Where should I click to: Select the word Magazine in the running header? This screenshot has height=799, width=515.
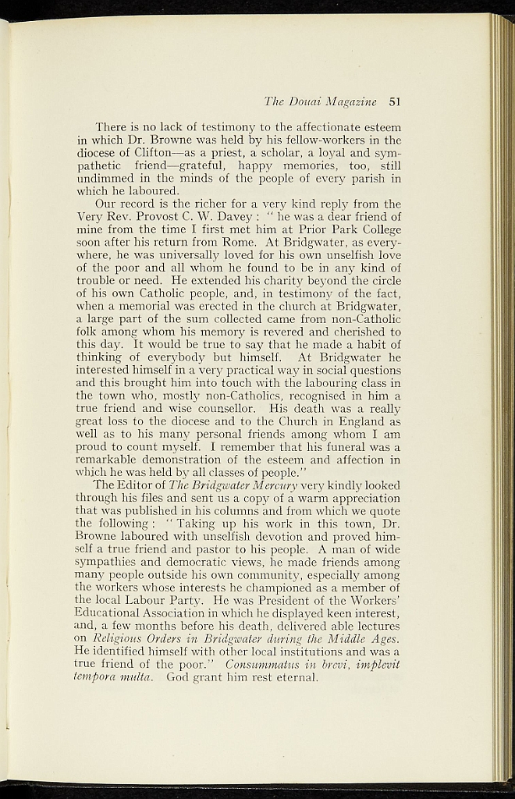click(350, 101)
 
